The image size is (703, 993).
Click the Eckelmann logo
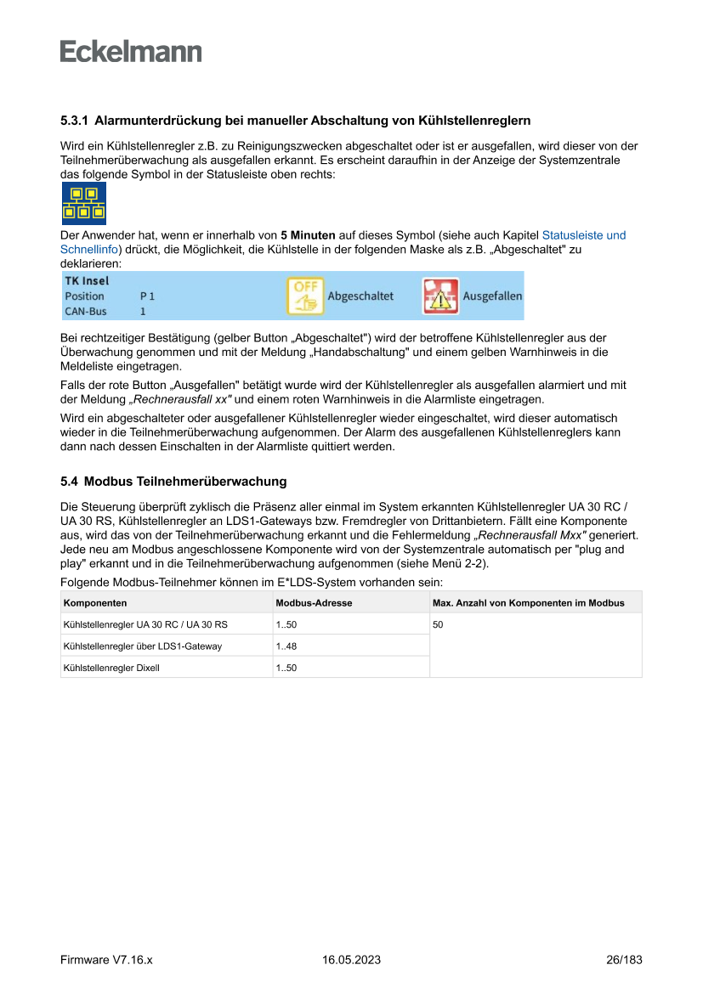(x=131, y=52)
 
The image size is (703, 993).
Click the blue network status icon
(x=83, y=203)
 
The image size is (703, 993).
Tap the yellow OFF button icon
(x=304, y=296)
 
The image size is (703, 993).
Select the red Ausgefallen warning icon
(x=440, y=296)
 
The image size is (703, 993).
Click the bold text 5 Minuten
(x=308, y=235)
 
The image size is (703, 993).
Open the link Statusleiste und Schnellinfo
(x=583, y=235)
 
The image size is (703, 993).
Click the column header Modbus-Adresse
(x=314, y=603)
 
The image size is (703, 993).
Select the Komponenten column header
(x=95, y=603)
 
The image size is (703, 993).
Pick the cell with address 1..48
(x=286, y=646)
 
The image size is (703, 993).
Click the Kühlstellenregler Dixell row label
(x=111, y=668)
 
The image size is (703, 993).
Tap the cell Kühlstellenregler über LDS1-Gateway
(x=143, y=646)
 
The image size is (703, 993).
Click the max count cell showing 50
(x=439, y=625)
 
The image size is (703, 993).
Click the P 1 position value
(x=148, y=296)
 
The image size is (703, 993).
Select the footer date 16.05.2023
(x=351, y=960)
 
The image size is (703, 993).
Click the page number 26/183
(x=624, y=960)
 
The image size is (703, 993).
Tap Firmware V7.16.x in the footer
(x=106, y=960)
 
